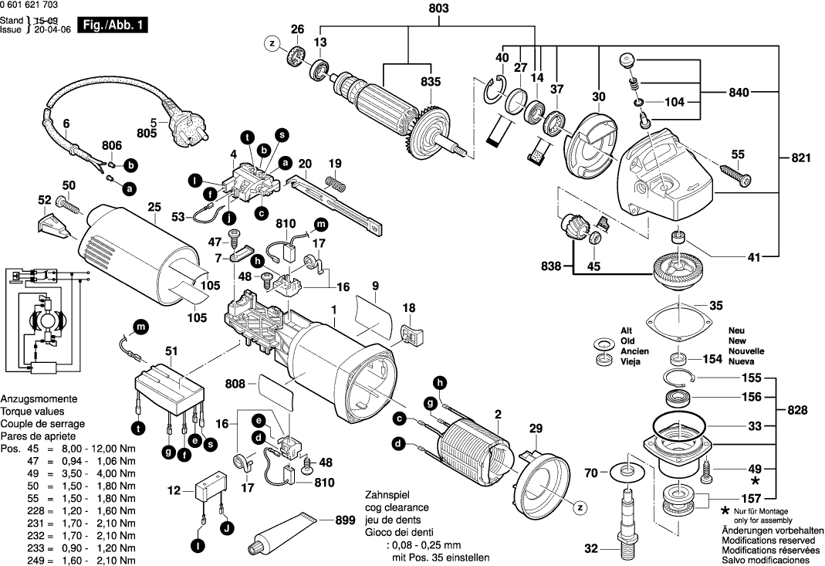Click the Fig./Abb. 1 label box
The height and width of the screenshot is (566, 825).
[113, 25]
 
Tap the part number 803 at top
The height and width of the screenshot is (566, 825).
[438, 9]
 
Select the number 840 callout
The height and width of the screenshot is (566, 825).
[739, 93]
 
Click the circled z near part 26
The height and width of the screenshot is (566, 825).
[272, 44]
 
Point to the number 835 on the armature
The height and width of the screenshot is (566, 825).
[431, 82]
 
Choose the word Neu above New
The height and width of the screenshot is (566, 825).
[736, 330]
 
